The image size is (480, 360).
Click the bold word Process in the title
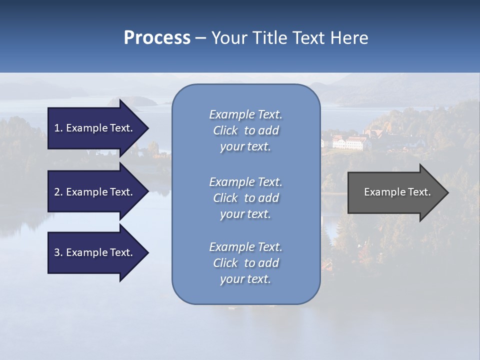(x=157, y=38)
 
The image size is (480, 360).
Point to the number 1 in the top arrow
(x=57, y=128)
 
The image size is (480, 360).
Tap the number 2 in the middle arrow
(x=57, y=192)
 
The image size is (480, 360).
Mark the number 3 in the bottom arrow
(x=57, y=252)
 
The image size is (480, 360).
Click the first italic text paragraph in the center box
(x=245, y=130)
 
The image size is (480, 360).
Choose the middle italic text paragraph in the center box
(x=245, y=198)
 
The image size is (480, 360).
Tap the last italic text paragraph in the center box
(x=245, y=263)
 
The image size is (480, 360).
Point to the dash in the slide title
(x=200, y=38)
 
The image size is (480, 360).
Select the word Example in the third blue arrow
(x=84, y=252)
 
